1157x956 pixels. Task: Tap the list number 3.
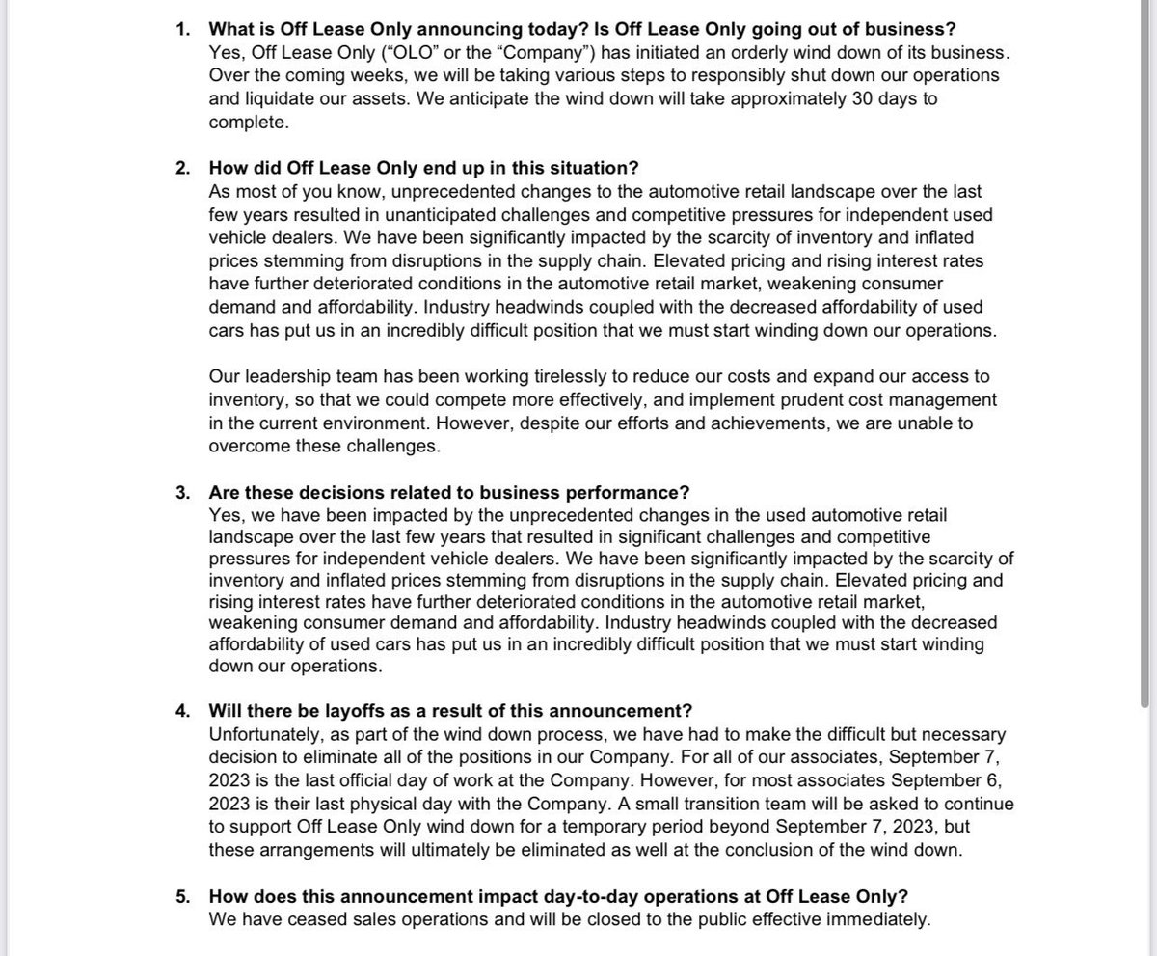coord(183,493)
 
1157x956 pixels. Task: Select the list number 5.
coord(183,896)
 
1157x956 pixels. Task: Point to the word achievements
coord(719,422)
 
